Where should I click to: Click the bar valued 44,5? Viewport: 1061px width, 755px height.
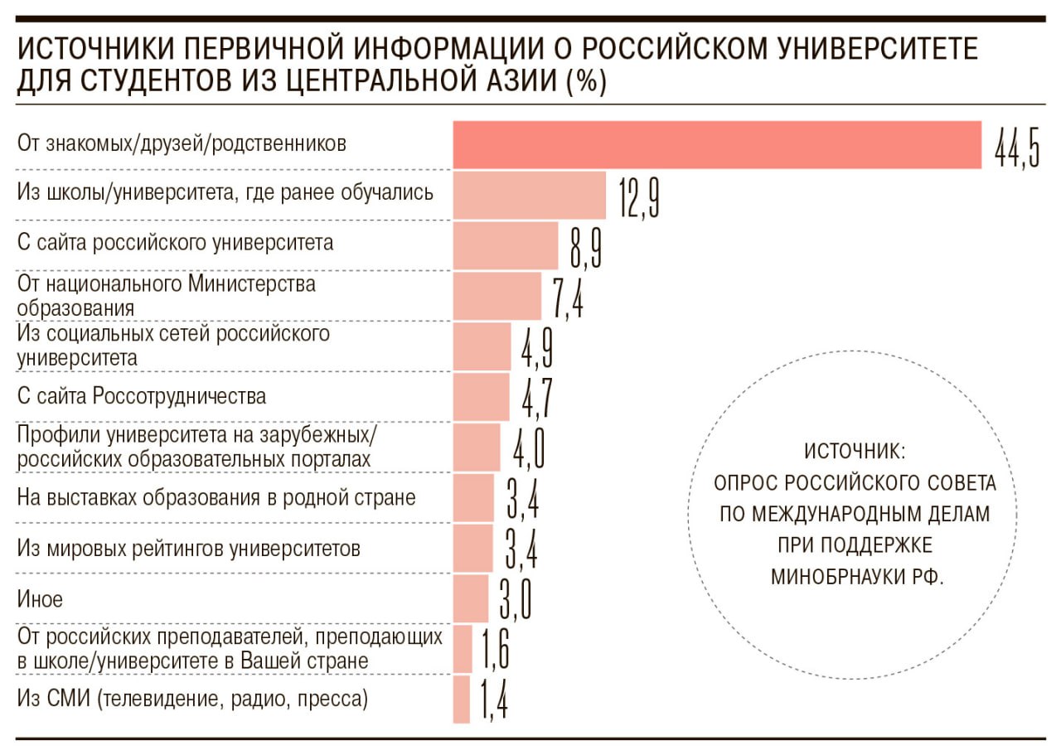(717, 145)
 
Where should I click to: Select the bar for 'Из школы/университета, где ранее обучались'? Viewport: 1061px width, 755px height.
(529, 196)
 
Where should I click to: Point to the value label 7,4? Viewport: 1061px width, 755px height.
(568, 298)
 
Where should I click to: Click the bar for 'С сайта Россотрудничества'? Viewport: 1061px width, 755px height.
(481, 397)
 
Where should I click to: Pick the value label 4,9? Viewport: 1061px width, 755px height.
(537, 347)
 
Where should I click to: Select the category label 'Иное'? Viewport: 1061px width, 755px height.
(40, 598)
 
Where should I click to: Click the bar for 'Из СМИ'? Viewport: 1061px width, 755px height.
(462, 699)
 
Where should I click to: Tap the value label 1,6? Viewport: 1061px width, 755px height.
(494, 649)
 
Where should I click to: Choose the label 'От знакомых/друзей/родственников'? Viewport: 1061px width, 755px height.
(182, 144)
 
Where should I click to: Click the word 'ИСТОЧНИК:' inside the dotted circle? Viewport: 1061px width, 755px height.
(857, 453)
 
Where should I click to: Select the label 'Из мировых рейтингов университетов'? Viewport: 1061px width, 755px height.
(189, 549)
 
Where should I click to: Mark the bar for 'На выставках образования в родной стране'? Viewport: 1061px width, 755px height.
(473, 498)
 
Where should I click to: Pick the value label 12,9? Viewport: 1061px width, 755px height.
(638, 196)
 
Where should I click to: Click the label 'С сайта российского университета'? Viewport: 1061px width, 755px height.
(175, 243)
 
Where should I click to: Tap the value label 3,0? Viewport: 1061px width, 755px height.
(515, 599)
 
